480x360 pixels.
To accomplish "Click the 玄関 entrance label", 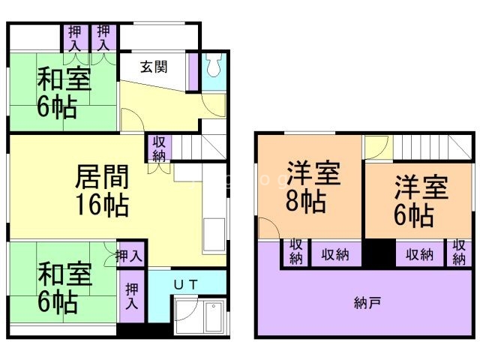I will (153, 65).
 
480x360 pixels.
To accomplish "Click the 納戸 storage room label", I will (367, 303).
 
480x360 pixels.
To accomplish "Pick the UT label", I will (186, 284).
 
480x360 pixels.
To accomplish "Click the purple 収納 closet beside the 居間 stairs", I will (160, 148).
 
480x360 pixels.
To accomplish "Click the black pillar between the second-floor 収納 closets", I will (379, 255).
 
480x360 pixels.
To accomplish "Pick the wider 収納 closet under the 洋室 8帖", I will (335, 254).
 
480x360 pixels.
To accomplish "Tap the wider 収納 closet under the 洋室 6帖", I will (419, 254).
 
